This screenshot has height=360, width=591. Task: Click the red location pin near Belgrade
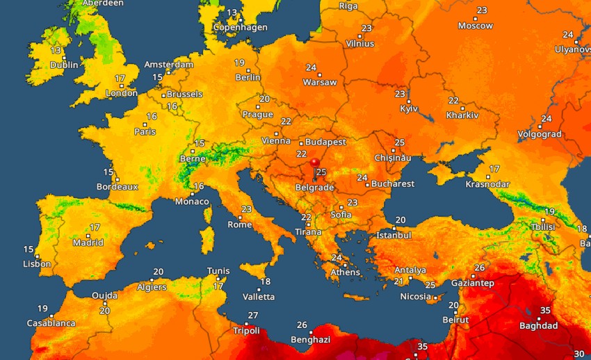pyautogui.click(x=315, y=165)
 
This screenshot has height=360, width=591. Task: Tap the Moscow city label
pyautogui.click(x=476, y=26)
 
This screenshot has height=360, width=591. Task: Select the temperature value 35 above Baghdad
pyautogui.click(x=545, y=311)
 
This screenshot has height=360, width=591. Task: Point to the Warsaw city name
pyautogui.click(x=320, y=82)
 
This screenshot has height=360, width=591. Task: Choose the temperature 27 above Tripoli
pyautogui.click(x=253, y=316)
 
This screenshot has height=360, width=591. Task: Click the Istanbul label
pyautogui.click(x=394, y=235)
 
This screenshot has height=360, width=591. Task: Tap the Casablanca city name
pyautogui.click(x=51, y=323)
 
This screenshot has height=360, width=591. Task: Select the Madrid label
pyautogui.click(x=88, y=243)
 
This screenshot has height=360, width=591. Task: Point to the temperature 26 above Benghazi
pyautogui.click(x=302, y=325)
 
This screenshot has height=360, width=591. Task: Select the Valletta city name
pyautogui.click(x=258, y=297)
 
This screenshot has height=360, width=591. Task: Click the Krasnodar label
pyautogui.click(x=487, y=184)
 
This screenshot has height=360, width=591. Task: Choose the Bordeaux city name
pyautogui.click(x=118, y=186)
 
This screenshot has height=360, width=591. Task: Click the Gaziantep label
pyautogui.click(x=471, y=283)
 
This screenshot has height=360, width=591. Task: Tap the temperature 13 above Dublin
pyautogui.click(x=56, y=51)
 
